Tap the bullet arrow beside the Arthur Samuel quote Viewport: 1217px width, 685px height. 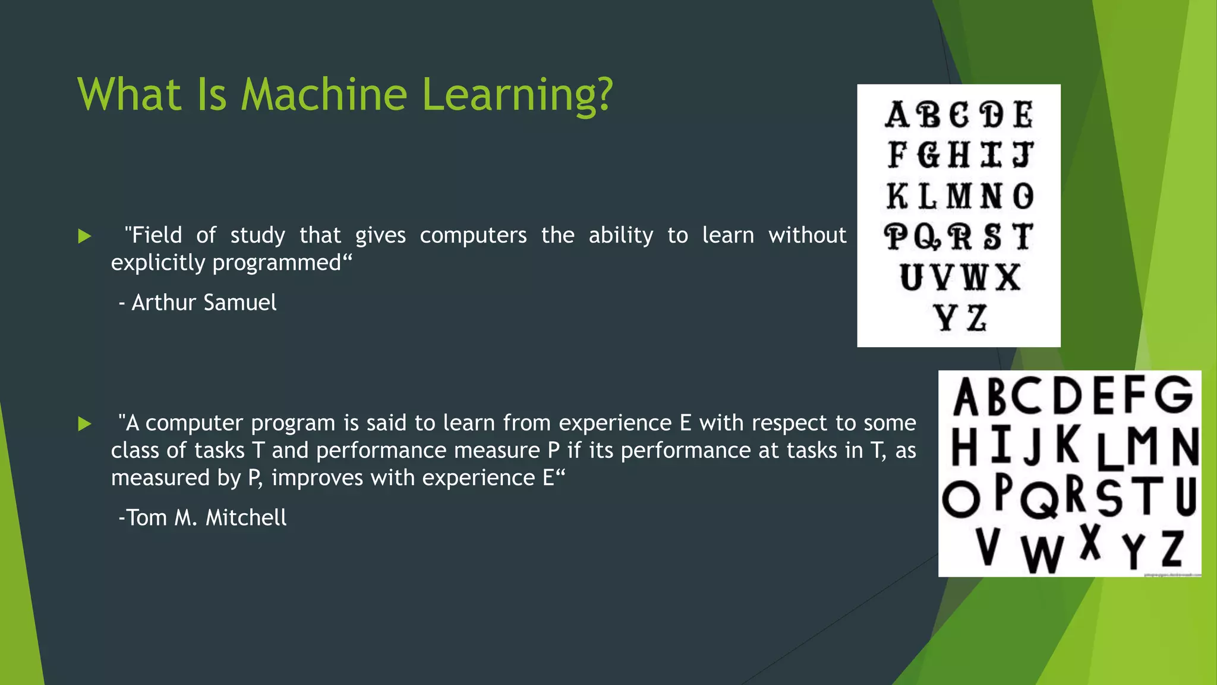coord(84,236)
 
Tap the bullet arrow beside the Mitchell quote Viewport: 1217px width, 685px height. coord(84,424)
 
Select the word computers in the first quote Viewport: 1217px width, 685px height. coord(473,235)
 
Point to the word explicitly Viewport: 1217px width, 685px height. coord(157,263)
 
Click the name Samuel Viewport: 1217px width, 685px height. coord(240,303)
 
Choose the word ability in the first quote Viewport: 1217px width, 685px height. coord(621,235)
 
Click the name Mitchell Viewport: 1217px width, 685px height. coord(246,518)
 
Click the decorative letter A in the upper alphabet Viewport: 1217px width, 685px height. coord(897,115)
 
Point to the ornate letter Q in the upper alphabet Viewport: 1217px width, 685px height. coord(928,237)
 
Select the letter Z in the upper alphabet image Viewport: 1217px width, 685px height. coord(977,318)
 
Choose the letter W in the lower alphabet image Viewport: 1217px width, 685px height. coord(1042,552)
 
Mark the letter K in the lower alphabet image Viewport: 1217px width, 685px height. coord(1068,445)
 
